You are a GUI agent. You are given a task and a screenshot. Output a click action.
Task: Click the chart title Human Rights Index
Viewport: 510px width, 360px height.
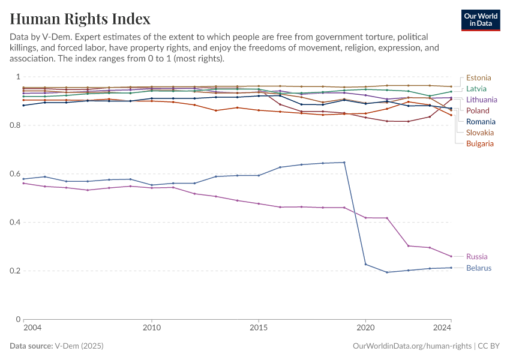(80, 19)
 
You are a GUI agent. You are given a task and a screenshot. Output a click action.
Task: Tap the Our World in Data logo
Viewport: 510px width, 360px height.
(481, 20)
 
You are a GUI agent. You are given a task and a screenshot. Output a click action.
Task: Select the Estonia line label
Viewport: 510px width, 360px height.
(478, 77)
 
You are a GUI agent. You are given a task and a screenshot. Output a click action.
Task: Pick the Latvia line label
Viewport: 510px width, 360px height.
(476, 89)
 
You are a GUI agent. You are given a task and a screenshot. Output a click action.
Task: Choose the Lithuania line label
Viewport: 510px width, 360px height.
(481, 100)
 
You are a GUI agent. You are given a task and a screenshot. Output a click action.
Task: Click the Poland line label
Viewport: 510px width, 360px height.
(478, 110)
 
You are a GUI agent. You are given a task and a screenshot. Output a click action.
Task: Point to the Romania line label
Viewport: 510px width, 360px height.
(481, 122)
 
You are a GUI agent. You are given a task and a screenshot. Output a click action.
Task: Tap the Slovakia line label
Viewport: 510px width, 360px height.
(480, 133)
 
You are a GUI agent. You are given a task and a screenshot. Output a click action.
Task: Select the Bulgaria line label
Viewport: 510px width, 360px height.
(480, 143)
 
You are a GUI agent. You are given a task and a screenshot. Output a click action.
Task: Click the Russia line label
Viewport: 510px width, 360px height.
(476, 257)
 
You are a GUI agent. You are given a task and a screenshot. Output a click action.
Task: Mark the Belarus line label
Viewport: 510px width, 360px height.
(479, 268)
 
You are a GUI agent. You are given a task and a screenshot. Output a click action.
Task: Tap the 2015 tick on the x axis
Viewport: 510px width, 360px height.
(259, 328)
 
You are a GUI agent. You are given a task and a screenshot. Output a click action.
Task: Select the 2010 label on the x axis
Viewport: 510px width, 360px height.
(152, 328)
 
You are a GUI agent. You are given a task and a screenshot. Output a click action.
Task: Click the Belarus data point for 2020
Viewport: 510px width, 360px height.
(365, 264)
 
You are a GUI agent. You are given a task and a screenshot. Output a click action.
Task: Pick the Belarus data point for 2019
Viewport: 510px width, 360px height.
(344, 163)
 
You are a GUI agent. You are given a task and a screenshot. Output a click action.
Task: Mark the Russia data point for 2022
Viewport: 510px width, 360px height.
(408, 246)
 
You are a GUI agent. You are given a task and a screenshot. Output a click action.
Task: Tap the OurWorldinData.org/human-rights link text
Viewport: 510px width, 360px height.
(413, 346)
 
